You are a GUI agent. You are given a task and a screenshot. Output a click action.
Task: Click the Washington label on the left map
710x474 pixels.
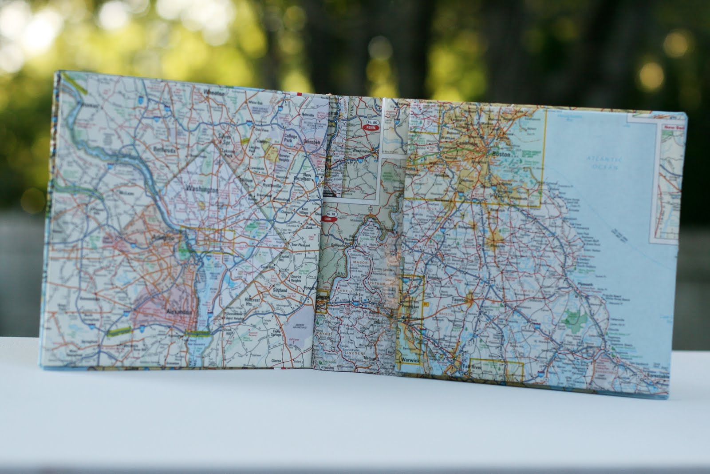tap(203, 190)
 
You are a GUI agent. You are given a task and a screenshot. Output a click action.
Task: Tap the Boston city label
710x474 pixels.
tap(501, 153)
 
